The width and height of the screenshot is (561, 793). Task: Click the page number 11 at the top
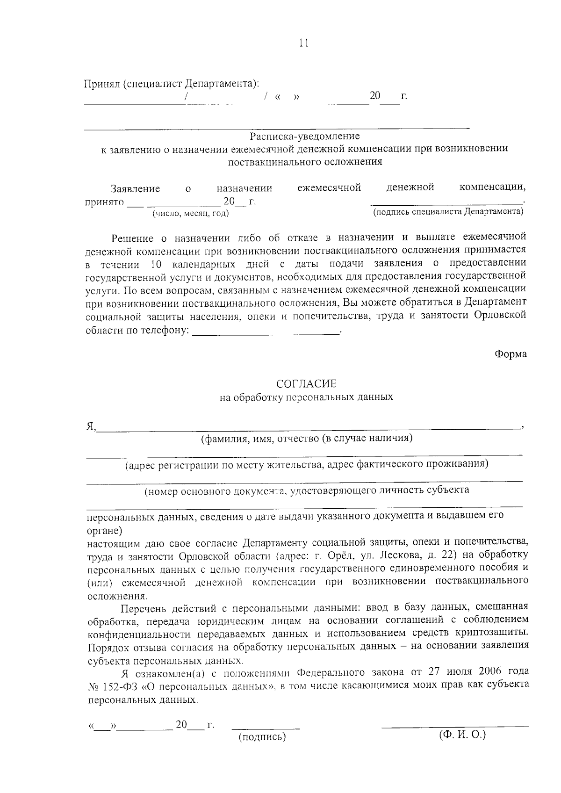pos(303,43)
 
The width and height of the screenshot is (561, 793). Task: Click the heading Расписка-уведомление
pos(305,136)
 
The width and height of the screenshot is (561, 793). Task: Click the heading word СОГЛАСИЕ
pos(306,384)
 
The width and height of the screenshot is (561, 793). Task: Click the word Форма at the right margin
pos(511,354)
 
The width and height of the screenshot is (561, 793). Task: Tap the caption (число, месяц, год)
pos(190,214)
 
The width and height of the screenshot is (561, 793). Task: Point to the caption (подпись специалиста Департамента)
pos(447,212)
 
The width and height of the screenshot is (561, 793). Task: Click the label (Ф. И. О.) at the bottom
pos(462,734)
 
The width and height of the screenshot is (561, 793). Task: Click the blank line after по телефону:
pos(266,332)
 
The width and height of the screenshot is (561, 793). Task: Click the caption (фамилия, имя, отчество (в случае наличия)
pos(307,438)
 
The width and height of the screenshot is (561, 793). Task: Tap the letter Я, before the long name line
pos(91,426)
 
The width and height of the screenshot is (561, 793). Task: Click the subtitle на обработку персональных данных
pos(306,397)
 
